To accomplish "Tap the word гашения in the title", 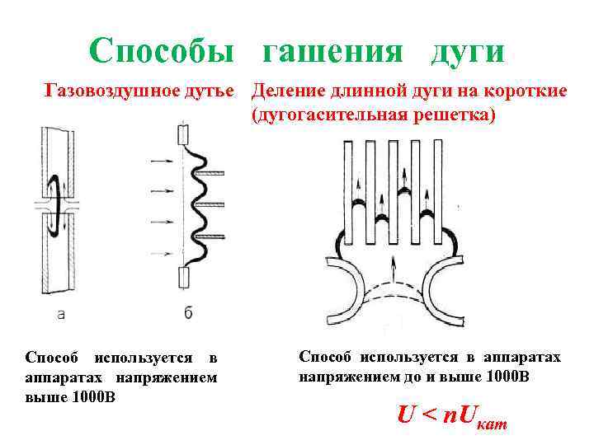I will pyautogui.click(x=332, y=50).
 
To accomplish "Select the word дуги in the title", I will pyautogui.click(x=466, y=50).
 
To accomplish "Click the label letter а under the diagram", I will pyautogui.click(x=61, y=313).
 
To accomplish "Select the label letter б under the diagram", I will pyautogui.click(x=188, y=313).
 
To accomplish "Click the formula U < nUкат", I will pyautogui.click(x=451, y=415).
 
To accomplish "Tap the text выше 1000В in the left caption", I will pyautogui.click(x=70, y=397).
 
